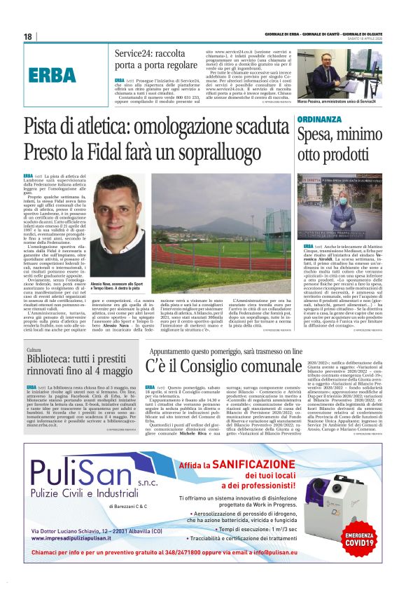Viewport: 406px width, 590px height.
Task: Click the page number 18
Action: (x=28, y=36)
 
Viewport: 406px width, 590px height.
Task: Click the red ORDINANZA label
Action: (x=323, y=119)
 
